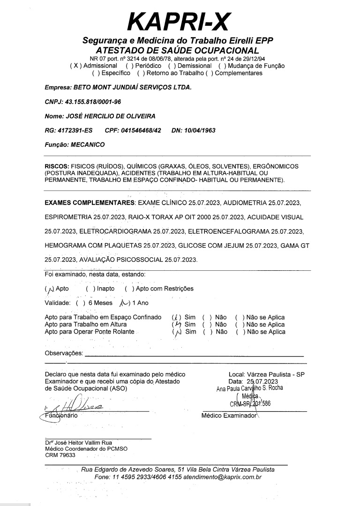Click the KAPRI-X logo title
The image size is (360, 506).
point(180,21)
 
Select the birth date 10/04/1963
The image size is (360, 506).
point(200,130)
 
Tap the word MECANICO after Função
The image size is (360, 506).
point(88,145)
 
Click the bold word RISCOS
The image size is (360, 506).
point(56,166)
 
